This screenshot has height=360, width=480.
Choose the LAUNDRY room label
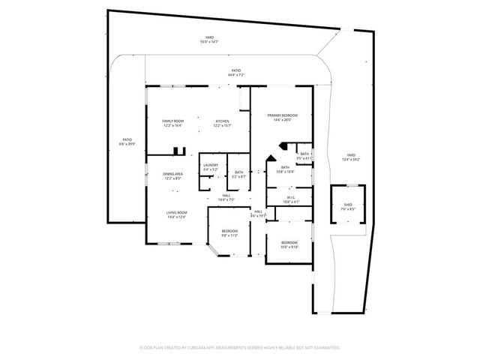coord(210,167)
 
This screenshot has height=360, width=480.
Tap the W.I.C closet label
coord(289,199)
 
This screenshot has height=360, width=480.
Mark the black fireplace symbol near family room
coord(178,151)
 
